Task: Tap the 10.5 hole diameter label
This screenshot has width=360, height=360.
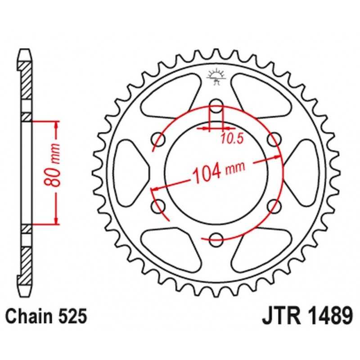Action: (232, 139)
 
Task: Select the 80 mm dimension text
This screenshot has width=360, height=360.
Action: (52, 165)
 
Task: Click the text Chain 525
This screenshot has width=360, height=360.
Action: (46, 316)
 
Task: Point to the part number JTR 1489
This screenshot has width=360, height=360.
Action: (307, 316)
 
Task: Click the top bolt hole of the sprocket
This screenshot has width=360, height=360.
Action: (216, 106)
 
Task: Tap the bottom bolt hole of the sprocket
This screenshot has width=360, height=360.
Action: (216, 240)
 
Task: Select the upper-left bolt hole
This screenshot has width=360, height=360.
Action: (158, 139)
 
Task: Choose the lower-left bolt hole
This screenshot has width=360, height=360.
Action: (158, 206)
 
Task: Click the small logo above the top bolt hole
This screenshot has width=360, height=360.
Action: (216, 77)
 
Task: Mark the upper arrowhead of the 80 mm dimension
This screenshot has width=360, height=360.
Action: (56, 124)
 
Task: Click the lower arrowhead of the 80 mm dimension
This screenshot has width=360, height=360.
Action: (56, 221)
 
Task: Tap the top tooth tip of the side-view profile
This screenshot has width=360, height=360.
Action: (25, 49)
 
